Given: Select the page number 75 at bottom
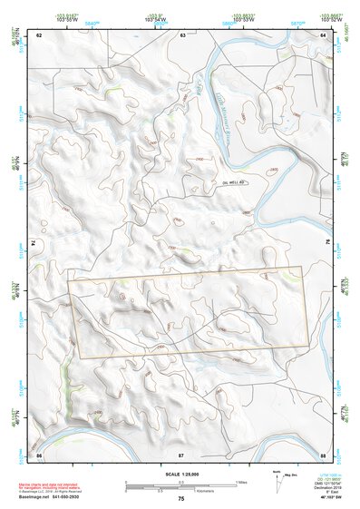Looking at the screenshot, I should click(x=180, y=499).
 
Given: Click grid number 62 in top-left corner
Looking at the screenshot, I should click(x=39, y=34).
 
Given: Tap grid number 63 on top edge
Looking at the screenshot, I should click(x=182, y=34).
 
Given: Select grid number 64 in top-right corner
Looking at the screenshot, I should click(x=323, y=34).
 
